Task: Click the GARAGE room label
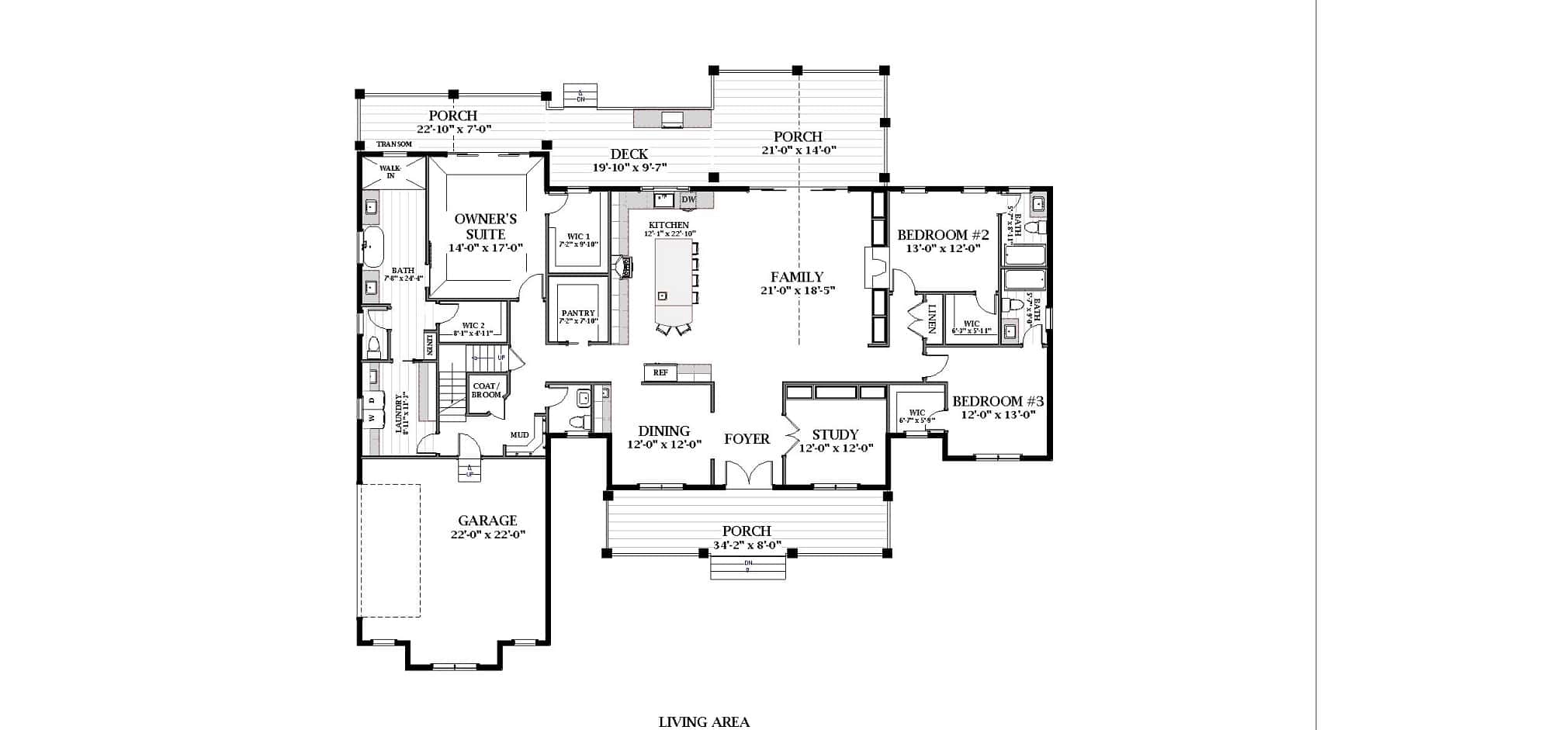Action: (x=487, y=521)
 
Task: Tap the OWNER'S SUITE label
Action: (x=485, y=226)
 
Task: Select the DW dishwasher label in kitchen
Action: (x=688, y=200)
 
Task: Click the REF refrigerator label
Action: (x=660, y=373)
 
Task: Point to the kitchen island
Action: (x=674, y=279)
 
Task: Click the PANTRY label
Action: (x=577, y=313)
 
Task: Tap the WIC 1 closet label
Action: (x=578, y=237)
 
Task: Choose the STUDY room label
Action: (x=835, y=434)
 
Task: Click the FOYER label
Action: (x=747, y=439)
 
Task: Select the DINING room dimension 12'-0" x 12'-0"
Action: (x=664, y=445)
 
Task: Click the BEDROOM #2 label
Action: (x=943, y=235)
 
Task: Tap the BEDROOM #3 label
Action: (x=997, y=401)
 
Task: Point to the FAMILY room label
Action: (x=797, y=277)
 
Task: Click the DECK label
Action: (x=629, y=154)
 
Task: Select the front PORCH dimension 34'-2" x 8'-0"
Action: (x=747, y=545)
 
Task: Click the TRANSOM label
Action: (x=394, y=144)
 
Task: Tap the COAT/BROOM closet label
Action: (x=487, y=390)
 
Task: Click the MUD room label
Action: (x=519, y=435)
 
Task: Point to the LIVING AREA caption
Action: (x=704, y=722)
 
